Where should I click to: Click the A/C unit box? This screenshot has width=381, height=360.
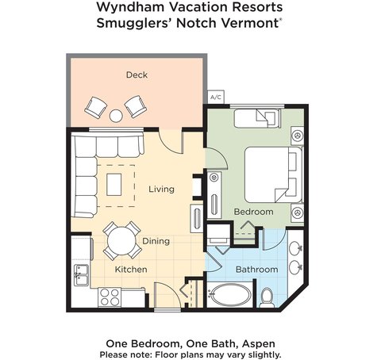pyautogui.click(x=216, y=97)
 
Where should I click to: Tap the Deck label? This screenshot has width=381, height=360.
pyautogui.click(x=137, y=75)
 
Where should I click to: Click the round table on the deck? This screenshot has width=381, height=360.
pyautogui.click(x=116, y=116)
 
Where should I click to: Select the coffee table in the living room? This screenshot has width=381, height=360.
pyautogui.click(x=114, y=185)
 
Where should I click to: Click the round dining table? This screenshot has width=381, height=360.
pyautogui.click(x=121, y=241)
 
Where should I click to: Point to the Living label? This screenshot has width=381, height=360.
pyautogui.click(x=161, y=189)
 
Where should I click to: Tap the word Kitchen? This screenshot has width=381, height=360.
pyautogui.click(x=131, y=270)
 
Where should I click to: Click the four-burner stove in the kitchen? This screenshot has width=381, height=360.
pyautogui.click(x=110, y=297)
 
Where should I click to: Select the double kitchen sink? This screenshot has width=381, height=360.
pyautogui.click(x=81, y=275)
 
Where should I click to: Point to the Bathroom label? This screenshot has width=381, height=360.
pyautogui.click(x=256, y=270)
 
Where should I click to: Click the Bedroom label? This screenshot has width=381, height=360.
pyautogui.click(x=254, y=212)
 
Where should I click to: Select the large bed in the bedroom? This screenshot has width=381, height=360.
pyautogui.click(x=273, y=174)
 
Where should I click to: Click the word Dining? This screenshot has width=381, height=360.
pyautogui.click(x=156, y=241)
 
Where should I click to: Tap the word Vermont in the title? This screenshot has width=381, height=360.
pyautogui.click(x=250, y=23)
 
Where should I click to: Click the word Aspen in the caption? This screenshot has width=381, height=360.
pyautogui.click(x=259, y=343)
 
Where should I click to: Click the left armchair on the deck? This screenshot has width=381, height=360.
pyautogui.click(x=95, y=107)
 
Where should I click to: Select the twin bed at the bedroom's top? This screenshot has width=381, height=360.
pyautogui.click(x=257, y=118)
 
